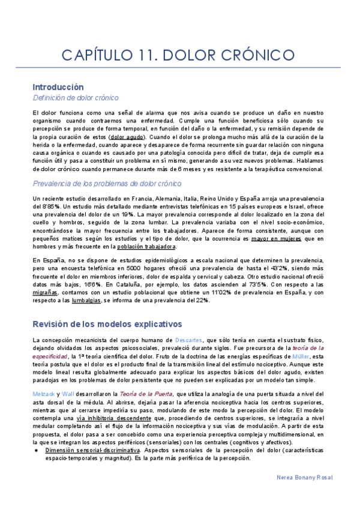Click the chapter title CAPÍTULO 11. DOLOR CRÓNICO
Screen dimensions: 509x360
[179, 56]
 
